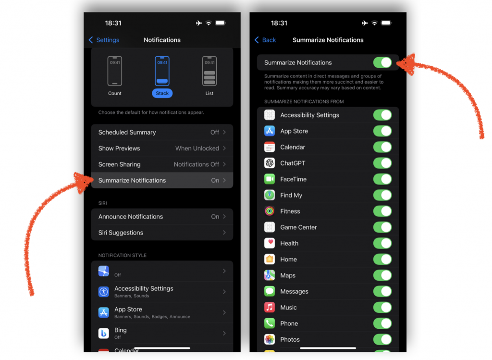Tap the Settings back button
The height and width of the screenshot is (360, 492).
click(x=104, y=40)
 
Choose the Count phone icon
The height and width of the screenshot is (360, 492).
click(x=114, y=71)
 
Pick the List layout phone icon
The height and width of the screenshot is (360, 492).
click(x=209, y=71)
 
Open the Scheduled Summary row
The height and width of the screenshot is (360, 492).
click(x=162, y=132)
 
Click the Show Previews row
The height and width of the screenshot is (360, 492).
click(x=162, y=148)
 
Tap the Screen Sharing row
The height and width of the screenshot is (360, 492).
click(x=162, y=164)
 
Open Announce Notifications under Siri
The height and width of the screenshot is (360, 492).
click(x=162, y=217)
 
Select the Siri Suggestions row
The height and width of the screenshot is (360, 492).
click(x=162, y=233)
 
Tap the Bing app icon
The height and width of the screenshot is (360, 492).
click(x=104, y=333)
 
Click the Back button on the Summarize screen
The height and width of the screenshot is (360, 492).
click(x=265, y=40)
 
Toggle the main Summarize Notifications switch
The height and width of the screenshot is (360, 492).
click(x=382, y=62)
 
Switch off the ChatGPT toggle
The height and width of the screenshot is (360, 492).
click(x=382, y=163)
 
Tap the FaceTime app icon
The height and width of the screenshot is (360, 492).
click(x=270, y=179)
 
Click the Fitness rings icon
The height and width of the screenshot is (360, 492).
click(x=270, y=211)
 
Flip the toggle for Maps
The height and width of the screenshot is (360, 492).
click(x=382, y=275)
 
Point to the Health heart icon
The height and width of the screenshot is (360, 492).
click(x=270, y=243)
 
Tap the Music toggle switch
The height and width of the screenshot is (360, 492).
click(x=382, y=308)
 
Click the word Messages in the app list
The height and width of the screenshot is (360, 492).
click(x=294, y=291)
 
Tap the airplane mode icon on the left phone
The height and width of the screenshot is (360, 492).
click(x=199, y=23)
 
